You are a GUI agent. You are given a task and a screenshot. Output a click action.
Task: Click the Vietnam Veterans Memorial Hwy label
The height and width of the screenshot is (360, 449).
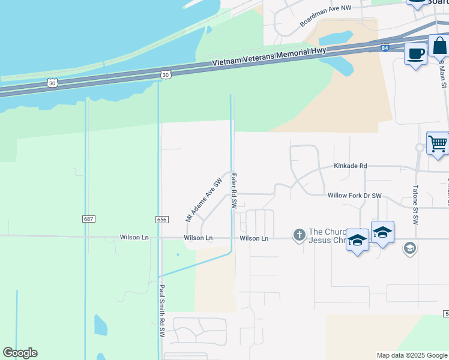coord(269,58)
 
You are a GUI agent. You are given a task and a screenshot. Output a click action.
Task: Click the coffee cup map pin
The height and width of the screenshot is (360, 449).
coord(415,55)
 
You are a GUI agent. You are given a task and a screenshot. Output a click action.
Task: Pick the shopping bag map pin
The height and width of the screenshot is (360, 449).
coord(439,46)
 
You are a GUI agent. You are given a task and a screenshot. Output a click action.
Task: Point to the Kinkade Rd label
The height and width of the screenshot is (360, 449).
coord(350,166)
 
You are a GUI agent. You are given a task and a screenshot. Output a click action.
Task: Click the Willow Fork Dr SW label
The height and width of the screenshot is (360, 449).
coord(354,196)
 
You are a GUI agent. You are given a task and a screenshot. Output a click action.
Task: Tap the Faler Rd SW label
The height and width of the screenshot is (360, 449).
coord(234,190)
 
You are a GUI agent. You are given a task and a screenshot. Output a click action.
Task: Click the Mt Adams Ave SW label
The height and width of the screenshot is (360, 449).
coord(204,200)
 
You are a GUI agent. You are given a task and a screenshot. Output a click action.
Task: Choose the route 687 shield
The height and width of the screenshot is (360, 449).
coord(89,220)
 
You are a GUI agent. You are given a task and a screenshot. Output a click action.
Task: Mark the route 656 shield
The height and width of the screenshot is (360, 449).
coord(161,220)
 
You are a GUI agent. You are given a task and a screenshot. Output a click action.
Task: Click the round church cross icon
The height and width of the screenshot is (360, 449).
coord(300,235)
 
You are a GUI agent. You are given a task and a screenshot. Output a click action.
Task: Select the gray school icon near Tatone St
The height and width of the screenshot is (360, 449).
coord(410,248)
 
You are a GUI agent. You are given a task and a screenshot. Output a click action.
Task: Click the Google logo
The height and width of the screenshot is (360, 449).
coord(20,353)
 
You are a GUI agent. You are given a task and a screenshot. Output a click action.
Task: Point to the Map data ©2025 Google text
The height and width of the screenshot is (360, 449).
coord(411,355)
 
